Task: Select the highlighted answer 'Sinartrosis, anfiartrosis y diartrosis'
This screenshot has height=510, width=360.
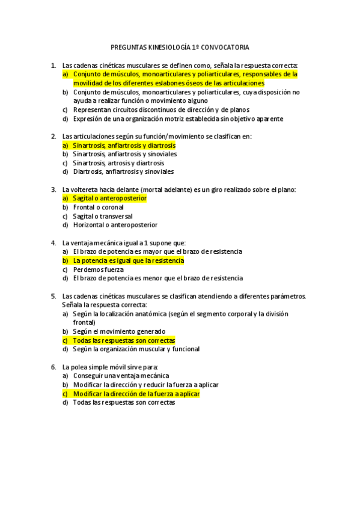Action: [124, 146]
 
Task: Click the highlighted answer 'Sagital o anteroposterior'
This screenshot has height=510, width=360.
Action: [109, 198]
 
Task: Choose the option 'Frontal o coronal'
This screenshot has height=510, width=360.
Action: [99, 207]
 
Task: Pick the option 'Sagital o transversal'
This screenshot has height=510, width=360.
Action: [103, 216]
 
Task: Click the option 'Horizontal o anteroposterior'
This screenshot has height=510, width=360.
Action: [115, 225]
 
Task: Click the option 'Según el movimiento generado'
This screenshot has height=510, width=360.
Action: [119, 331]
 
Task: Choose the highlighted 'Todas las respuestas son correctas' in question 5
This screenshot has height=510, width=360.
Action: [124, 340]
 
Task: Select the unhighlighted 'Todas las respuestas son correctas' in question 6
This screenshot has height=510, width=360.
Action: [124, 402]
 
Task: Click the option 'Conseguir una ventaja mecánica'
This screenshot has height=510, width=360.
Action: [121, 376]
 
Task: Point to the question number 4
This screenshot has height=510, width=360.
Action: [53, 243]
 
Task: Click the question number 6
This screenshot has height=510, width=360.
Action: [53, 367]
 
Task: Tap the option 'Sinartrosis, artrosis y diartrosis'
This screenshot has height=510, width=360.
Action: [118, 163]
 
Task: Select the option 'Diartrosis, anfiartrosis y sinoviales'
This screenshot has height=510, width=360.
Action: [123, 172]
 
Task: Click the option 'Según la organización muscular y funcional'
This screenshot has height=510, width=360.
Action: [136, 349]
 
